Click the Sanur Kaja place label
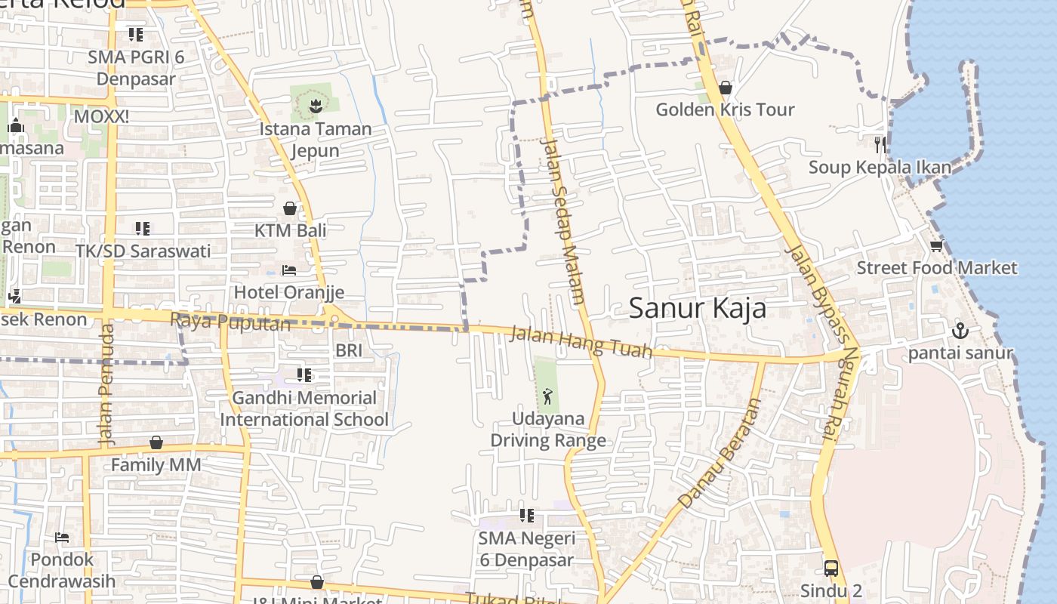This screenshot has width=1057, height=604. (697, 308)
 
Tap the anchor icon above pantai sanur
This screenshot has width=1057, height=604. (960, 330)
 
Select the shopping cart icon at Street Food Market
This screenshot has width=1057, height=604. (936, 246)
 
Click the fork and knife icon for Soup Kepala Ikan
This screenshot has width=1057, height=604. (880, 144)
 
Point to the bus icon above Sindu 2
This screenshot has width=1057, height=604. (830, 568)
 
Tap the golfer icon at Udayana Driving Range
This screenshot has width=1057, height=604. (547, 396)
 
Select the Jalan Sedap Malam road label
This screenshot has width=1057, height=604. (563, 220)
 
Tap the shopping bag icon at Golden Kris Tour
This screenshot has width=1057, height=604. (726, 88)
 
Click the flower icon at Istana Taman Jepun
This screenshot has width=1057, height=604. (316, 106)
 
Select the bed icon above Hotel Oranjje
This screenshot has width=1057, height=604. (288, 270)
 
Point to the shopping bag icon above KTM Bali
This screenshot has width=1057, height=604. (290, 208)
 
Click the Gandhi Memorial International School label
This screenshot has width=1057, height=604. (304, 408)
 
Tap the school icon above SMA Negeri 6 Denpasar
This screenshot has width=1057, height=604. (527, 516)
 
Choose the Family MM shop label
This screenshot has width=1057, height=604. (156, 464)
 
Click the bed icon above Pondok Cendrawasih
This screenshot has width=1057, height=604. (62, 538)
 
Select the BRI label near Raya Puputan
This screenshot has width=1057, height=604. (349, 350)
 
